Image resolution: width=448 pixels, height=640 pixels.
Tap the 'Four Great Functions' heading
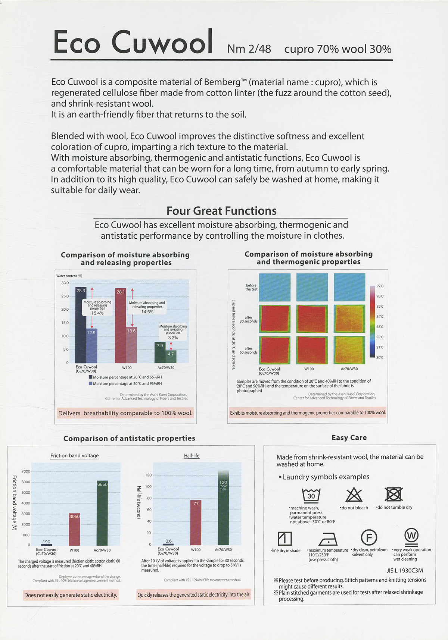221,211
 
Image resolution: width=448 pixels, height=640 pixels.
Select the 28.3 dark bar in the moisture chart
81,324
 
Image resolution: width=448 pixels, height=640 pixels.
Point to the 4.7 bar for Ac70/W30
171,356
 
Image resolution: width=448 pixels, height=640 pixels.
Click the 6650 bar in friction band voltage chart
102,513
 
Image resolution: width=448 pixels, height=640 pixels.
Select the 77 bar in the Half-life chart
196,523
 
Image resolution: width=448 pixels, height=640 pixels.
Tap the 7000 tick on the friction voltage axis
26,471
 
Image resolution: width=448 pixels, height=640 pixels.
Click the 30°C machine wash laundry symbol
311,496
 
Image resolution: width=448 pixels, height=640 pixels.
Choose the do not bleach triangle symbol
354,495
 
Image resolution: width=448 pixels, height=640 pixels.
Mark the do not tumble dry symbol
394,494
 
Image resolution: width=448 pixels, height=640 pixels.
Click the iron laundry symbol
328,539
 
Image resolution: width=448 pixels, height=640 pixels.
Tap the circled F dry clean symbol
369,537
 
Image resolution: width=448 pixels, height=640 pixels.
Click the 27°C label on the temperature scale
380,286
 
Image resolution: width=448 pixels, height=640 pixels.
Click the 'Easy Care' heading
349,438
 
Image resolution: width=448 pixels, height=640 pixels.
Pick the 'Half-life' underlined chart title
192,456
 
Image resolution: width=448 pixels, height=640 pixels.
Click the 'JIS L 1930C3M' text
405,571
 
